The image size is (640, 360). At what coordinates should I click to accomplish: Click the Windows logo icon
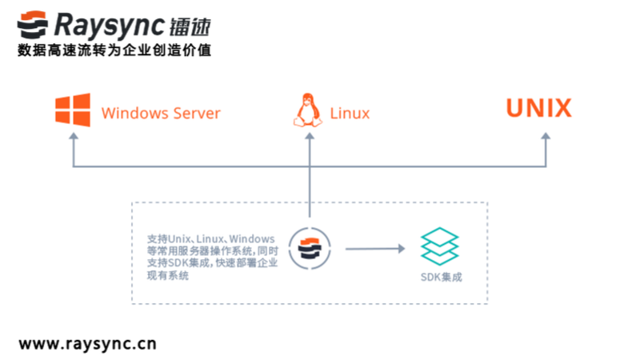72,111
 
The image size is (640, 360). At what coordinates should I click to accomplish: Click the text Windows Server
161,113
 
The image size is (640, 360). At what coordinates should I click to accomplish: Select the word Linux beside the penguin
350,113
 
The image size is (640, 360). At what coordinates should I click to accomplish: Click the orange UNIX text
538,109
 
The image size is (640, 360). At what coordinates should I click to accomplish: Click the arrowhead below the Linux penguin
309,137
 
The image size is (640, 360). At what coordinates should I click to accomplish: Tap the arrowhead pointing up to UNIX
546,137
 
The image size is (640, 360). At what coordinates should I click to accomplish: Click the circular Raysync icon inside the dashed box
309,249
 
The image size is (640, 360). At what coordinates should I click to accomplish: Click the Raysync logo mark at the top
33,26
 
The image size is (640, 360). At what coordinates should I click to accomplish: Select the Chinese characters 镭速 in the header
191,26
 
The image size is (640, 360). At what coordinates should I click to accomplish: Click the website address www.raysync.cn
87,344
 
